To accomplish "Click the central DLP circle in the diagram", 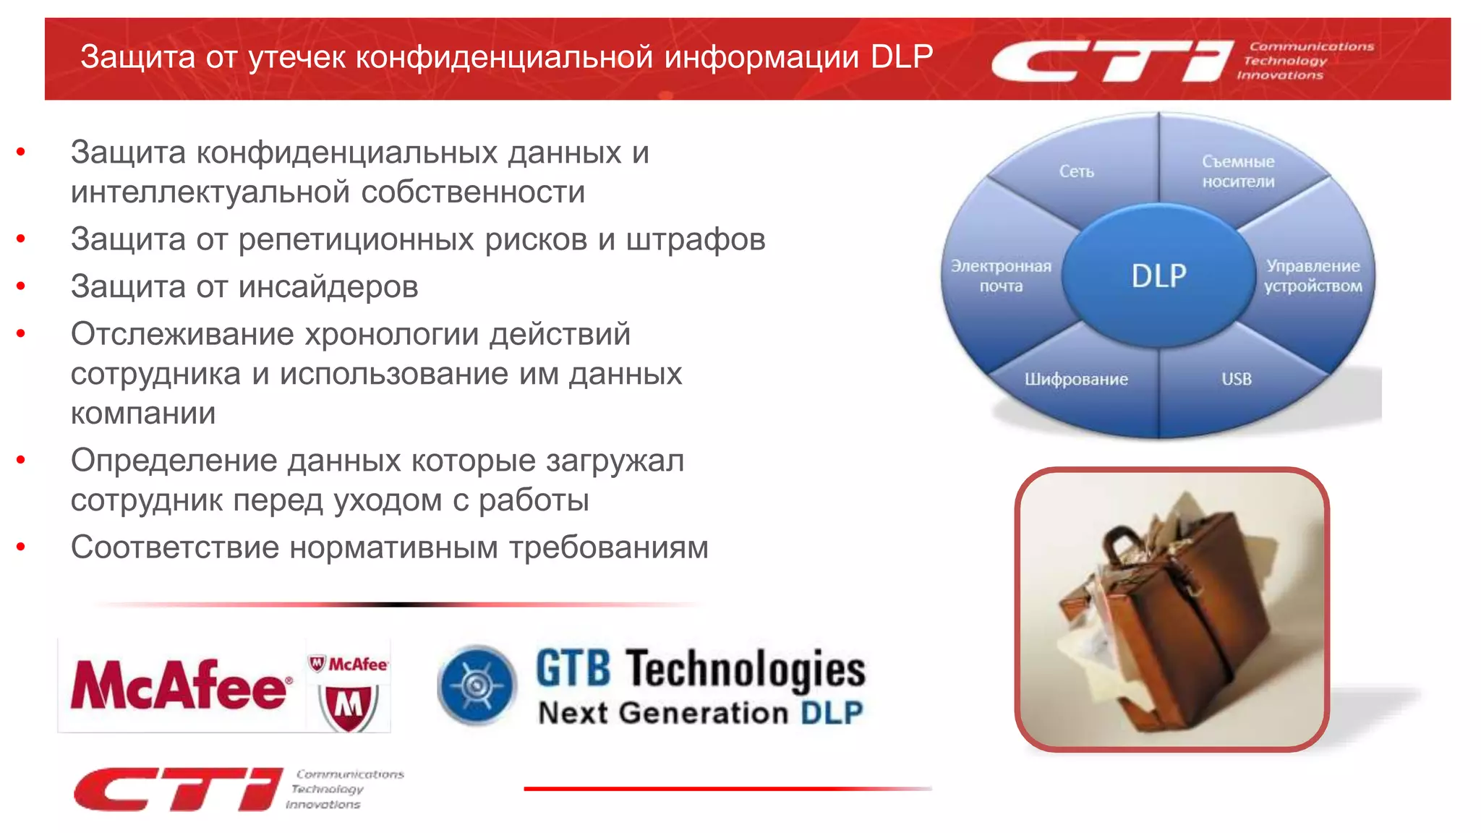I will (1158, 275).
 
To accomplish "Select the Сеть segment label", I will (1076, 171).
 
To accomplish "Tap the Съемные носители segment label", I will (1238, 171).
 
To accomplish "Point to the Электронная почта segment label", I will (1001, 275).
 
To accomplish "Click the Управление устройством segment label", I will (1313, 275).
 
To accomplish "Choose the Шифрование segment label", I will (1076, 379).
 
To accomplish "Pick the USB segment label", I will (1236, 379).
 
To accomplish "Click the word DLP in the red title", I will (901, 57).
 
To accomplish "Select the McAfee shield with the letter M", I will (349, 705).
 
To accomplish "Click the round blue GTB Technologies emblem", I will (477, 685).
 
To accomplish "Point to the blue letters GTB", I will (573, 668).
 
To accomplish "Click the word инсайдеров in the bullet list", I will (328, 287).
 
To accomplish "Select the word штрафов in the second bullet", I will (695, 239).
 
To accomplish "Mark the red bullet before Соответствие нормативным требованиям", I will (21, 547).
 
